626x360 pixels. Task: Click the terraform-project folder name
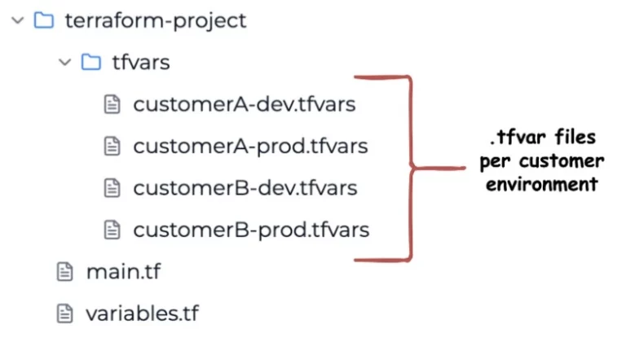coord(155,20)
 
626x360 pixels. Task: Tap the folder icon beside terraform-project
coord(43,20)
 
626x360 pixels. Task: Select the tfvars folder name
coord(140,63)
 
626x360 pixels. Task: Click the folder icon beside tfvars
coord(91,63)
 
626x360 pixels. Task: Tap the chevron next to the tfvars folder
coord(66,63)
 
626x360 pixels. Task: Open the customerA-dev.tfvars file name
coord(245,104)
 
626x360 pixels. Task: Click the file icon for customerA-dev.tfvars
coord(112,104)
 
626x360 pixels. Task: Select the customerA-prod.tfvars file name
coord(250,146)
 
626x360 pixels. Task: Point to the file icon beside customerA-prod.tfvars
coord(112,146)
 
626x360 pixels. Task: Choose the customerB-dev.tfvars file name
coord(245,187)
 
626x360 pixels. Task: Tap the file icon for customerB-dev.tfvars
coord(112,187)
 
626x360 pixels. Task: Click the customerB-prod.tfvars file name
coord(251,230)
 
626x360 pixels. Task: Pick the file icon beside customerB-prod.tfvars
coord(112,230)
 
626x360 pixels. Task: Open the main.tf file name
coord(123,271)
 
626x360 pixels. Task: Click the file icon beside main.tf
coord(64,271)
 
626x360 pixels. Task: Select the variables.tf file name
coord(142,313)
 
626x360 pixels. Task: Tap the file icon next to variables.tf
coord(64,313)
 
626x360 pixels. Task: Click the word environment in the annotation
coord(538,184)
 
